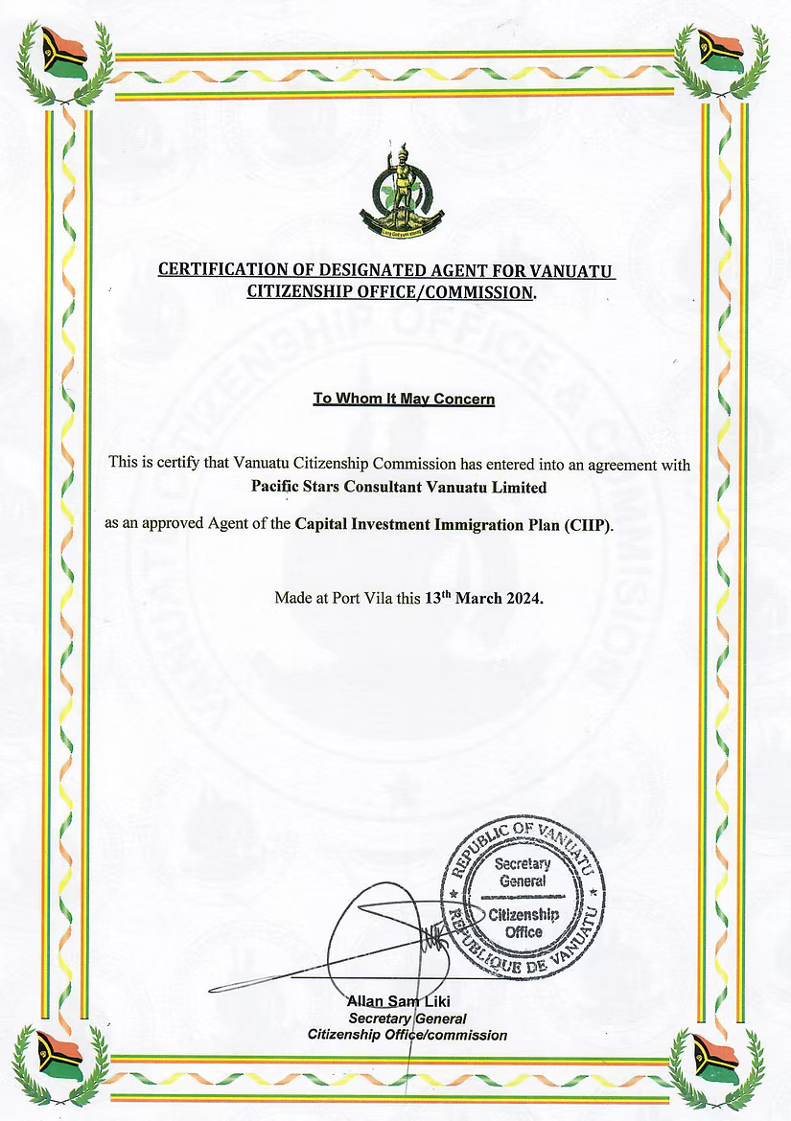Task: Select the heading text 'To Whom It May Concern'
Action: point(404,398)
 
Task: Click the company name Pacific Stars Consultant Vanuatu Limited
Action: point(398,487)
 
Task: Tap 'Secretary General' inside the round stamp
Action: point(523,872)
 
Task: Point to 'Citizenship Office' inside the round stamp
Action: point(523,923)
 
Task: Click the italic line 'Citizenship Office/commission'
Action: point(407,1035)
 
